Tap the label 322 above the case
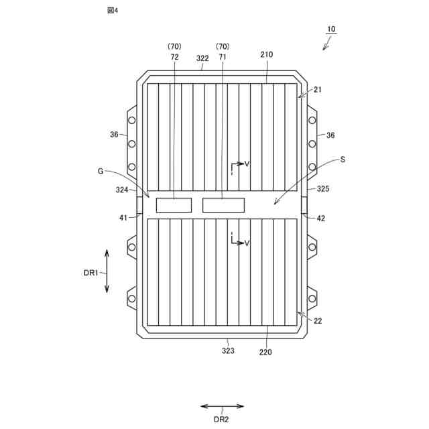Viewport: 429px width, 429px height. click(203, 59)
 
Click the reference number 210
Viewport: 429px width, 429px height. click(265, 54)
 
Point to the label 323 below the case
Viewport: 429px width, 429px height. click(228, 351)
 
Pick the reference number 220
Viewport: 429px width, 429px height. click(265, 351)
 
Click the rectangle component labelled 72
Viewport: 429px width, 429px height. click(174, 205)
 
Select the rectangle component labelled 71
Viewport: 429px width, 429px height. click(224, 205)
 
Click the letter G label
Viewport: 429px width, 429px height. click(101, 171)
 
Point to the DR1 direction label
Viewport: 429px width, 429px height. click(90, 272)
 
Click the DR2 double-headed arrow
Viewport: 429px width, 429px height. click(222, 406)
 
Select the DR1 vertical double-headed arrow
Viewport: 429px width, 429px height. click(107, 270)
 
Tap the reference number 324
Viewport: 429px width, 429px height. click(121, 190)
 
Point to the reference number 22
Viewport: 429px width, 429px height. click(318, 321)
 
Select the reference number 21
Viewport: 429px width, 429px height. click(317, 90)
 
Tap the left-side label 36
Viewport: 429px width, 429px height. click(115, 135)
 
